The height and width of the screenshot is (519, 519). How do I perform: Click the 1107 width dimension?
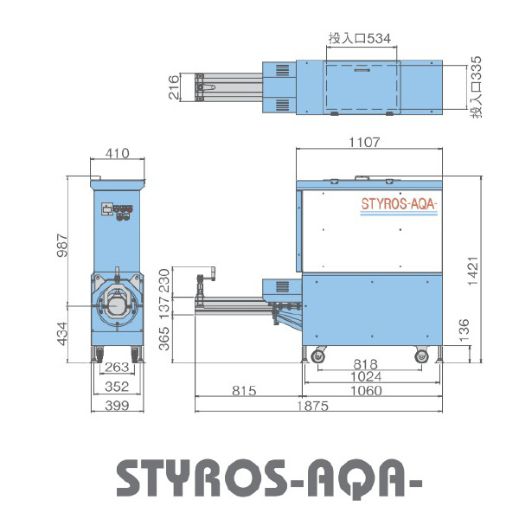click(365, 142)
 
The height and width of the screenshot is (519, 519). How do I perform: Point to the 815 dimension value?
click(245, 391)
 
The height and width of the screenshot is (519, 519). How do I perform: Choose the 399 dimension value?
click(117, 405)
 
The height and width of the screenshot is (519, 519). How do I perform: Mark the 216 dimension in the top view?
click(174, 88)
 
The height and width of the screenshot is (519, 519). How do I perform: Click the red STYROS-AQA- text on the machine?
click(399, 205)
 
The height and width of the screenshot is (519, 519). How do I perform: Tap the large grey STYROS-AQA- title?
click(259, 476)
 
